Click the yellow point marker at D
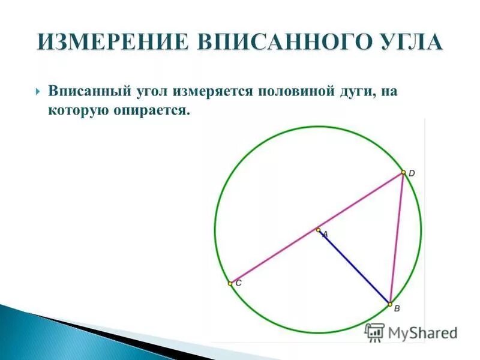[403, 172]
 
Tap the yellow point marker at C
[230, 283]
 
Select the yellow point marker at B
[390, 303]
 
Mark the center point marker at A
[318, 229]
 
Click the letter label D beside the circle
[412, 173]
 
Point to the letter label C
[238, 283]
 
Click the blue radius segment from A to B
[354, 266]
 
